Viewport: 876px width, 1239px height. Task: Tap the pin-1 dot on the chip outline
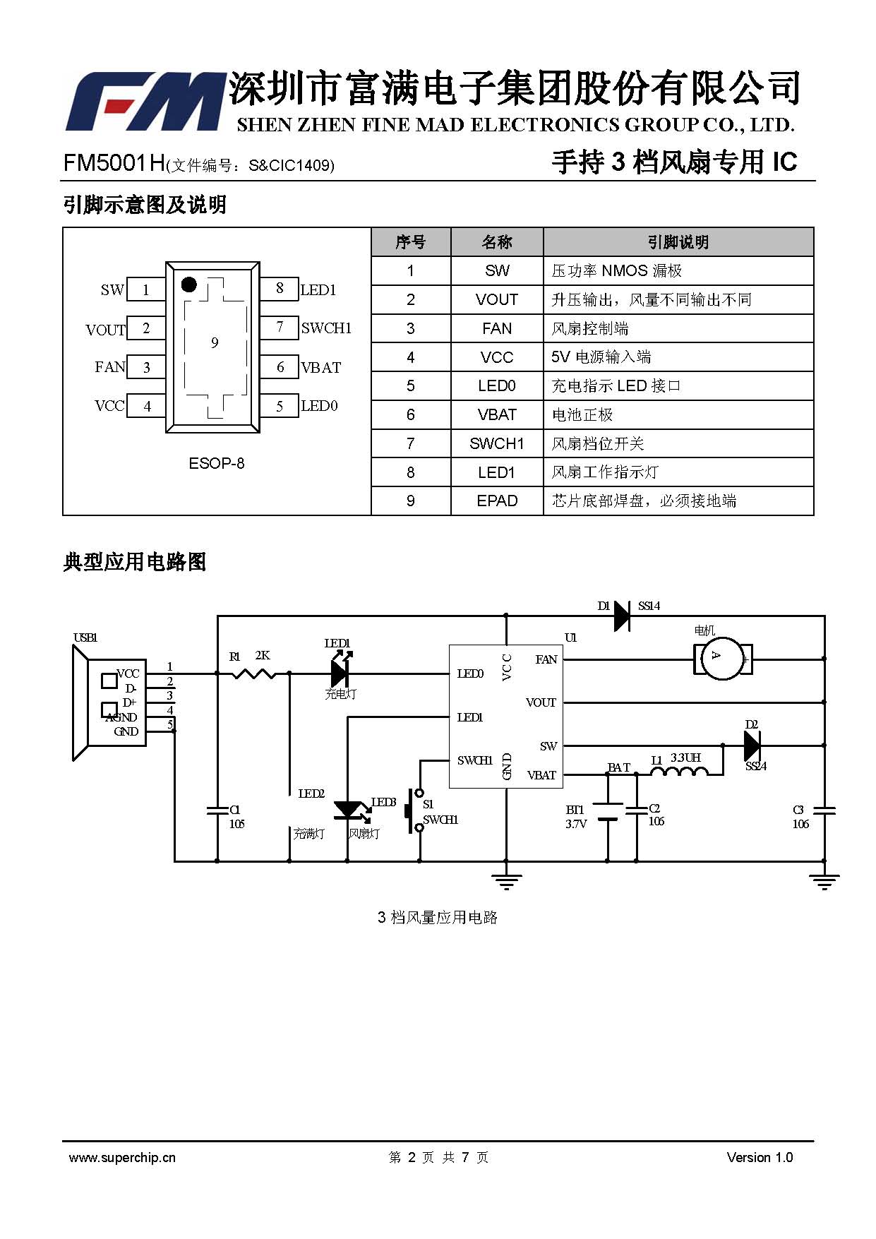(x=188, y=285)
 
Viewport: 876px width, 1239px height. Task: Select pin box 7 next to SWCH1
(x=280, y=328)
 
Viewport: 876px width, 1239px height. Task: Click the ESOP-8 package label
(x=217, y=464)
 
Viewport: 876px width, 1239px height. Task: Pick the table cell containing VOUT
(x=497, y=299)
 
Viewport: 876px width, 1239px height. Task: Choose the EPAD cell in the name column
(x=497, y=501)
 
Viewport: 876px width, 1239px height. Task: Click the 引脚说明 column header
(x=678, y=242)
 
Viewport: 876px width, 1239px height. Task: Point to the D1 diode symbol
(x=622, y=616)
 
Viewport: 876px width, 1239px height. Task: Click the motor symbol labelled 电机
(x=721, y=659)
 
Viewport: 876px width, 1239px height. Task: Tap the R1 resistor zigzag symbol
(x=253, y=673)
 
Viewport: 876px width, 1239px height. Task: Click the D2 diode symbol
(x=752, y=745)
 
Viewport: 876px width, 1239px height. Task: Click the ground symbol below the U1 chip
(x=506, y=881)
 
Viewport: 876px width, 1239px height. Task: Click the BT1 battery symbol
(x=607, y=812)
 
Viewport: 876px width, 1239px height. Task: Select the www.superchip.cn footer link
(x=122, y=1158)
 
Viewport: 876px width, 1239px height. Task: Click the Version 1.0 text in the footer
(x=760, y=1158)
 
